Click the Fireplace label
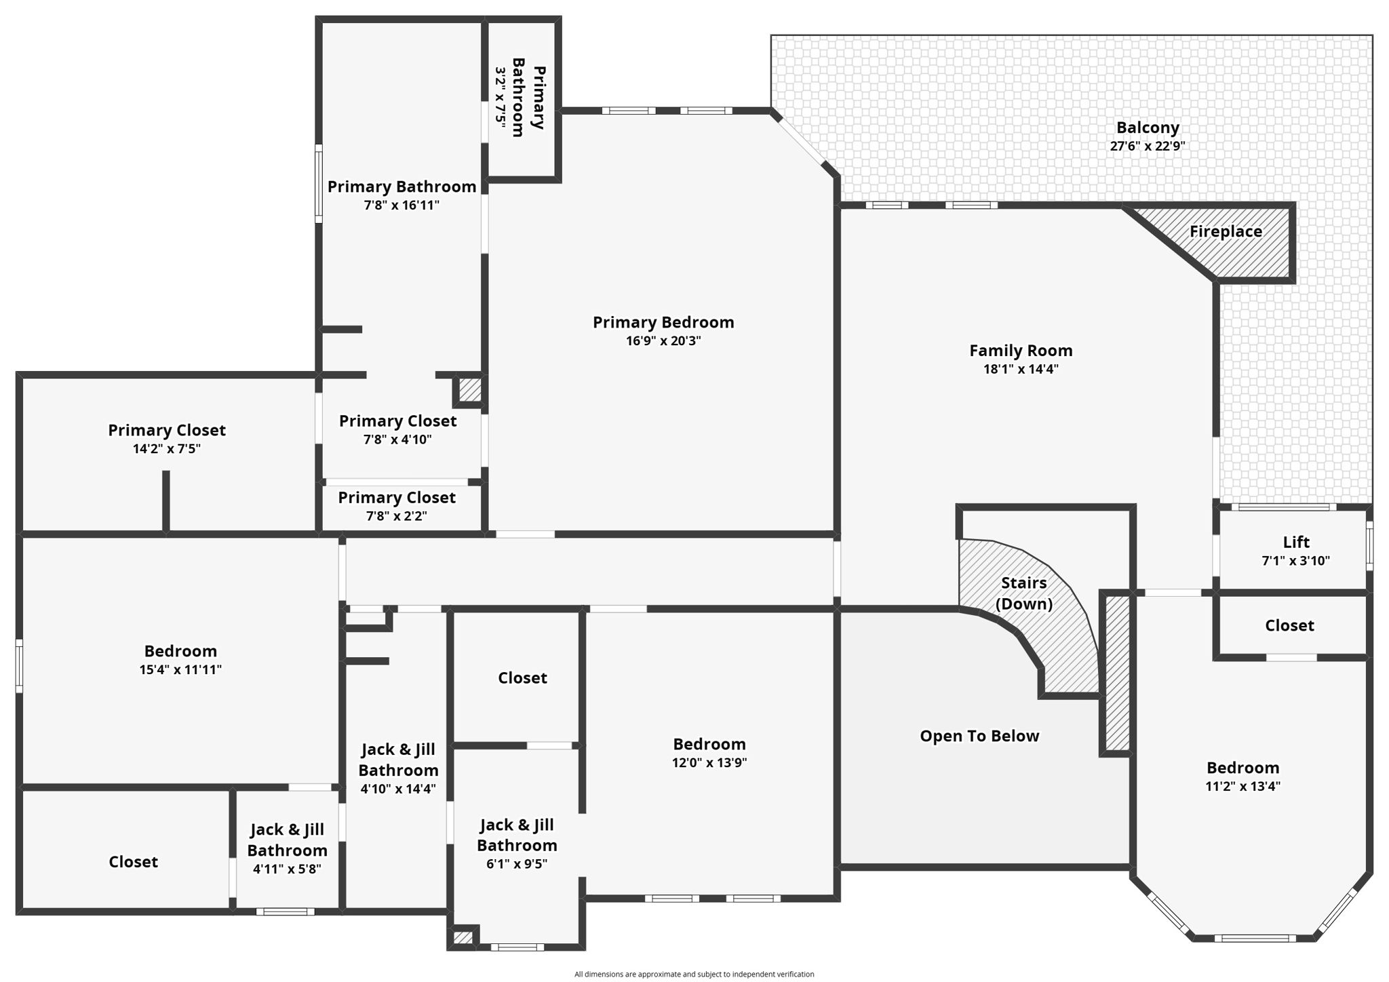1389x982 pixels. click(x=1226, y=232)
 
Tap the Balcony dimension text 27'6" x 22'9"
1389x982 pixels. click(x=1148, y=146)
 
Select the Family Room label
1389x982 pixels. click(x=1021, y=351)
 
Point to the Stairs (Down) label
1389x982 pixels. click(x=1024, y=593)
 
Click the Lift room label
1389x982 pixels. click(x=1296, y=542)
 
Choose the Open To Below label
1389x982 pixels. click(x=979, y=736)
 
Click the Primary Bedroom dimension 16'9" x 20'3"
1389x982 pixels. click(x=663, y=340)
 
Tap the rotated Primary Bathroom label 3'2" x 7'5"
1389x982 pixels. click(x=501, y=96)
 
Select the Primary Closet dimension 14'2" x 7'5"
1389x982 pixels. click(x=167, y=448)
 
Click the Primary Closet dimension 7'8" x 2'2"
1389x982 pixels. click(x=397, y=516)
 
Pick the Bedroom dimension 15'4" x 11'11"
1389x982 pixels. click(x=180, y=669)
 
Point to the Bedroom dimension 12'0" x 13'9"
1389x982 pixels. click(x=709, y=762)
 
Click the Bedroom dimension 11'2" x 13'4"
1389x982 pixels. click(x=1243, y=787)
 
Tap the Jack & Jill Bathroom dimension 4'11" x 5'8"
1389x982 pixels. click(x=287, y=869)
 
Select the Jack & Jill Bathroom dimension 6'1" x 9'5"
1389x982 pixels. click(x=517, y=864)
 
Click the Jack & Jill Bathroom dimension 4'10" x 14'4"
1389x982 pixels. click(x=398, y=789)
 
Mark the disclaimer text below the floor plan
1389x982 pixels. click(x=694, y=975)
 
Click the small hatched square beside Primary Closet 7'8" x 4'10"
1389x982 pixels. click(x=469, y=390)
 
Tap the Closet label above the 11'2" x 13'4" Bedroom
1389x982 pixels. click(x=1289, y=625)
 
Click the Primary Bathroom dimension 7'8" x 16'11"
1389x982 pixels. click(x=402, y=205)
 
